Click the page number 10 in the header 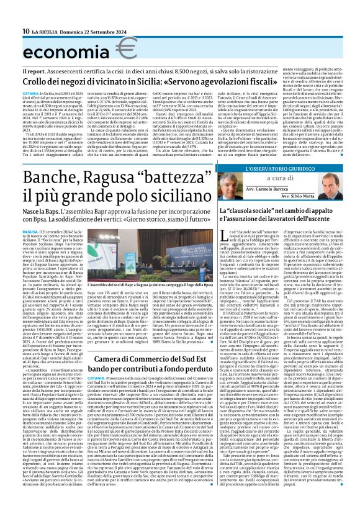coord(26,31)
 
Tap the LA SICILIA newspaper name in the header coord(44,31)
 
